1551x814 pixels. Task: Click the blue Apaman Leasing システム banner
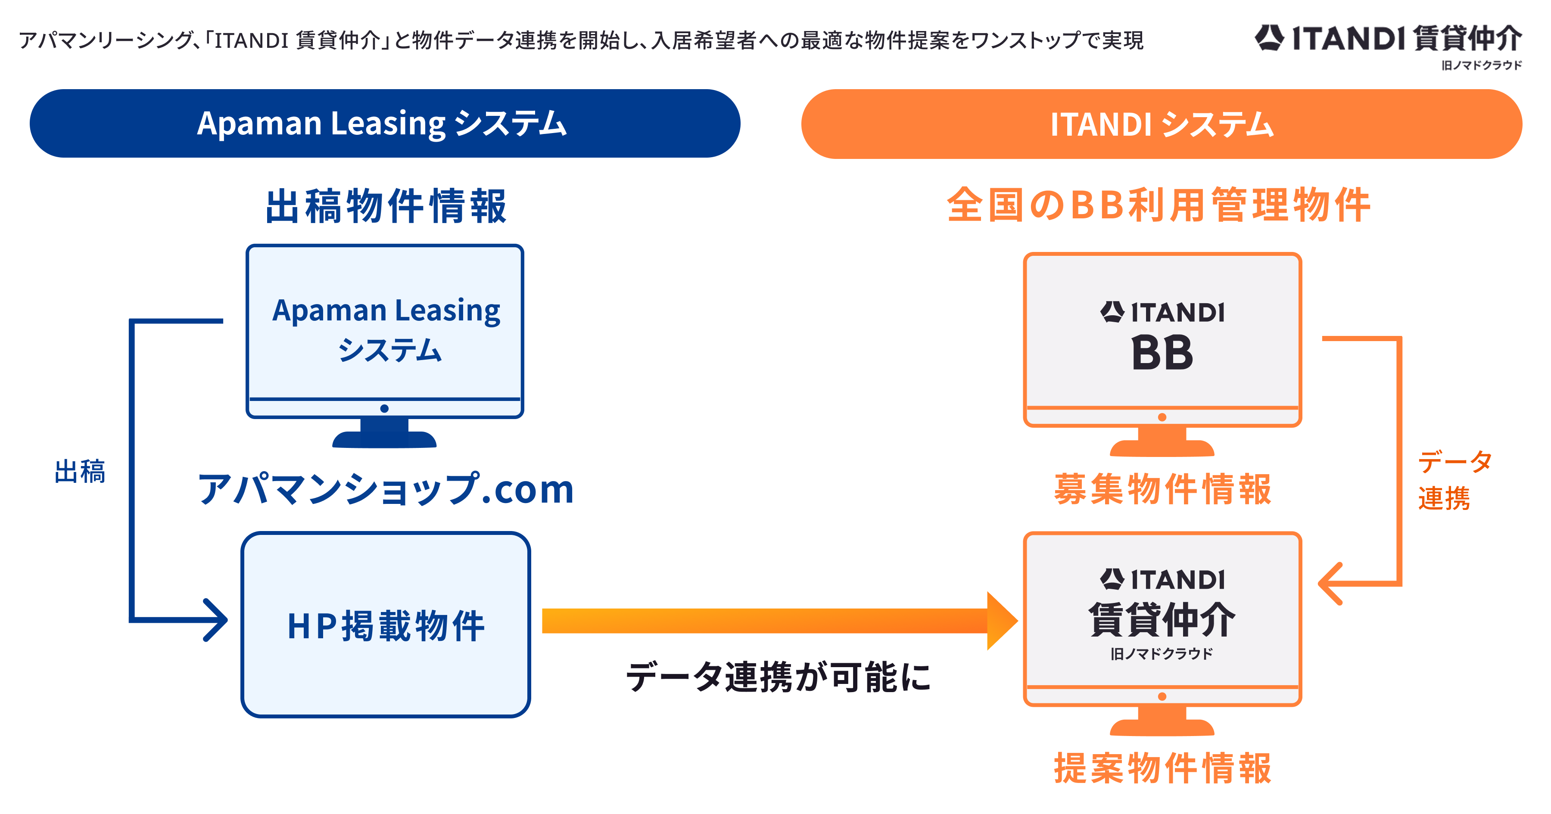pyautogui.click(x=384, y=124)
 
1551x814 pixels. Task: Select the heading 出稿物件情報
pyautogui.click(x=386, y=206)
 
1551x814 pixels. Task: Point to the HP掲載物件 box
pyautogui.click(x=385, y=625)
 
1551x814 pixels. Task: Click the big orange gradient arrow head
pyautogui.click(x=1001, y=621)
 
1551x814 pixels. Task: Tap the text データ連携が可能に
pyautogui.click(x=778, y=677)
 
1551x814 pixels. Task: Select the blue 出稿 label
pyautogui.click(x=79, y=472)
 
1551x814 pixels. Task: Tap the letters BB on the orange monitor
pyautogui.click(x=1162, y=354)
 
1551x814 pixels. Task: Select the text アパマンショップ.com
pyautogui.click(x=385, y=488)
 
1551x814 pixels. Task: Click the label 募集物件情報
pyautogui.click(x=1162, y=488)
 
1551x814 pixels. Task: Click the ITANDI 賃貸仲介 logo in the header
pyautogui.click(x=1388, y=38)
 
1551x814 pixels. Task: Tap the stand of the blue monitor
pyautogui.click(x=384, y=435)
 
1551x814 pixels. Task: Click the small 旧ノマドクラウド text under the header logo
pyautogui.click(x=1481, y=65)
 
